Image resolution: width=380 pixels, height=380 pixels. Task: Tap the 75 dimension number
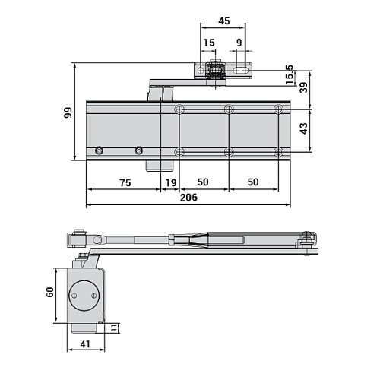[125, 182]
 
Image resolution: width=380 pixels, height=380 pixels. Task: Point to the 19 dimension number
[171, 182]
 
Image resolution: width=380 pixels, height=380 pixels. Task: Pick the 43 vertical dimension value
[304, 128]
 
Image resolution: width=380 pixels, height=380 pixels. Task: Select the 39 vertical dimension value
[304, 88]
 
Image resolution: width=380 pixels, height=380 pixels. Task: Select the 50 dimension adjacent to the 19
[203, 182]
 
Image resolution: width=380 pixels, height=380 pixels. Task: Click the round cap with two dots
[84, 295]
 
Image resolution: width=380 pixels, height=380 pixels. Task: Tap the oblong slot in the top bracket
[242, 71]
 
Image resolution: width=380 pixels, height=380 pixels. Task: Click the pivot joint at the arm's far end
[309, 242]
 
